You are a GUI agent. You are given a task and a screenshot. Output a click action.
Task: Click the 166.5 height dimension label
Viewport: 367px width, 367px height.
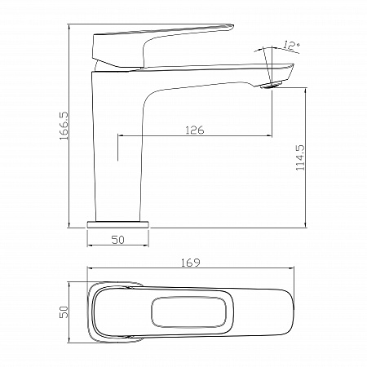point(64,126)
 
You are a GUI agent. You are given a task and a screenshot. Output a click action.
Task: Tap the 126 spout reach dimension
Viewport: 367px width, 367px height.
point(195,130)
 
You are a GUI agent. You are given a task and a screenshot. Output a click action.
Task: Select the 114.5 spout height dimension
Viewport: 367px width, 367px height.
point(301,157)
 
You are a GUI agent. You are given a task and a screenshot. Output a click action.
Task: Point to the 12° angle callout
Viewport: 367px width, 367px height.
point(291,46)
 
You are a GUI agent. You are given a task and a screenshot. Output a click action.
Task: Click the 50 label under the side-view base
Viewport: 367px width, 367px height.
point(118,240)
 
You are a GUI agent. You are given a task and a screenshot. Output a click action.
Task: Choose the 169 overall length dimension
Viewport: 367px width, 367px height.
point(191,263)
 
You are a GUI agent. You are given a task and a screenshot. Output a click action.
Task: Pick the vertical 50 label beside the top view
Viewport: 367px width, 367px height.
point(64,312)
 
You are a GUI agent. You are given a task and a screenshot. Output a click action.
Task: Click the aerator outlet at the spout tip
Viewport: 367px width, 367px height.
point(270,85)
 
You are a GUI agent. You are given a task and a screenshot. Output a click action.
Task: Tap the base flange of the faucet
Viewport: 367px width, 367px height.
point(118,224)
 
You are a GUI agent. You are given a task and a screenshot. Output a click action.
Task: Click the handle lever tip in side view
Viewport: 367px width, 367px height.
point(231,26)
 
